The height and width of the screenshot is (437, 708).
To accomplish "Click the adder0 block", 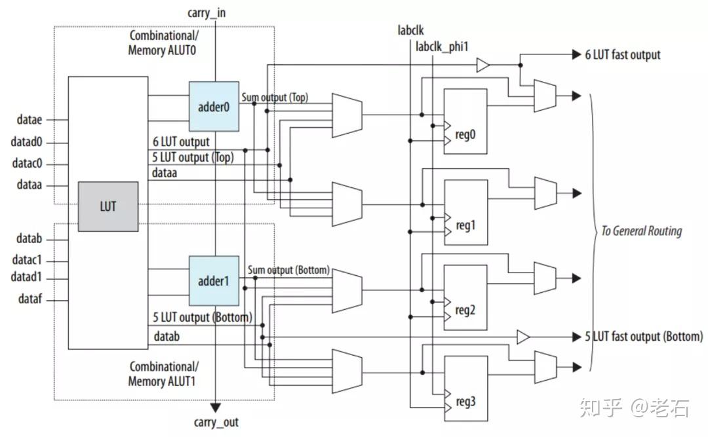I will (x=213, y=107).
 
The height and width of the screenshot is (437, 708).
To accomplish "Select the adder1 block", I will (x=213, y=280).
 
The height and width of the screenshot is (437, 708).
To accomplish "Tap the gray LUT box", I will (x=108, y=206).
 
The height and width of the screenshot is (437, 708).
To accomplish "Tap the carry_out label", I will (x=216, y=423).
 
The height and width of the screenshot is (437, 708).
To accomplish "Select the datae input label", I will (x=29, y=119).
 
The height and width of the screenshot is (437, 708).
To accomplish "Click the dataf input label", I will (x=29, y=301).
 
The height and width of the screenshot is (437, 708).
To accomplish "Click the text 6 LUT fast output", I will (x=623, y=55).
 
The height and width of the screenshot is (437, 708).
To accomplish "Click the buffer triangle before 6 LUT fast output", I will (x=482, y=65).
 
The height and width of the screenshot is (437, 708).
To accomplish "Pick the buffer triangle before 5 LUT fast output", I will (x=522, y=337).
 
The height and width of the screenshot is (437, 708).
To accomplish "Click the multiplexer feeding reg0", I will (x=347, y=115).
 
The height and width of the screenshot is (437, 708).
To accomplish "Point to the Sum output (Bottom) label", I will (x=288, y=270).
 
